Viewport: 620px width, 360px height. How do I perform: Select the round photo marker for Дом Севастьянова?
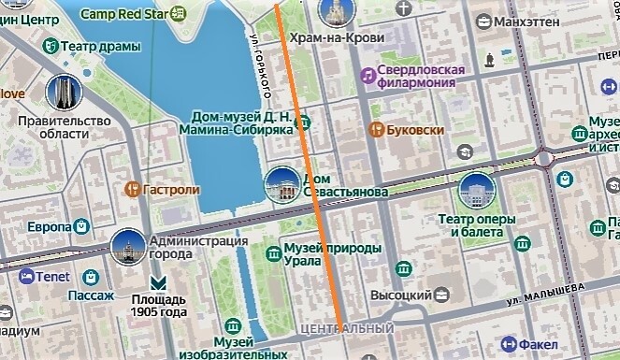(x=281, y=185)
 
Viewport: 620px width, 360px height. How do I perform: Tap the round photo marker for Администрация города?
(x=128, y=245)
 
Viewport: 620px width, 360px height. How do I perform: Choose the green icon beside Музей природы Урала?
(x=273, y=251)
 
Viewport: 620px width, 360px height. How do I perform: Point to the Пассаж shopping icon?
(x=91, y=278)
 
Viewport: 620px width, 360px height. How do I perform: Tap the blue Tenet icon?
(x=25, y=277)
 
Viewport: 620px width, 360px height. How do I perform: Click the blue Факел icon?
(x=510, y=342)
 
